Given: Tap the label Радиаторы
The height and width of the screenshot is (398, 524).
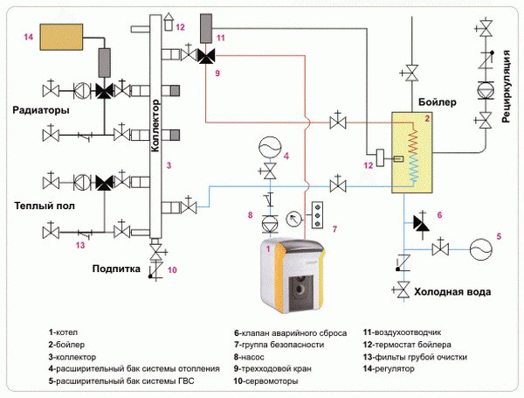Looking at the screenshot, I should [x=42, y=112].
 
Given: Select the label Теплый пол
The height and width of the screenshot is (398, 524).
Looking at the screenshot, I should [x=42, y=205].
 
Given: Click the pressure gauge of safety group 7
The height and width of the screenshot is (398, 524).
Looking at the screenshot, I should [x=292, y=214].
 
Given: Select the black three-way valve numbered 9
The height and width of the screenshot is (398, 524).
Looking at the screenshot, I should [x=207, y=57].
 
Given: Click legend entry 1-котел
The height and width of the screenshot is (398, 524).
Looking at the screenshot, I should [x=67, y=333].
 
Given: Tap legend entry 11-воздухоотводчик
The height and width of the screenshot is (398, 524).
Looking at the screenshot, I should [x=405, y=333].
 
